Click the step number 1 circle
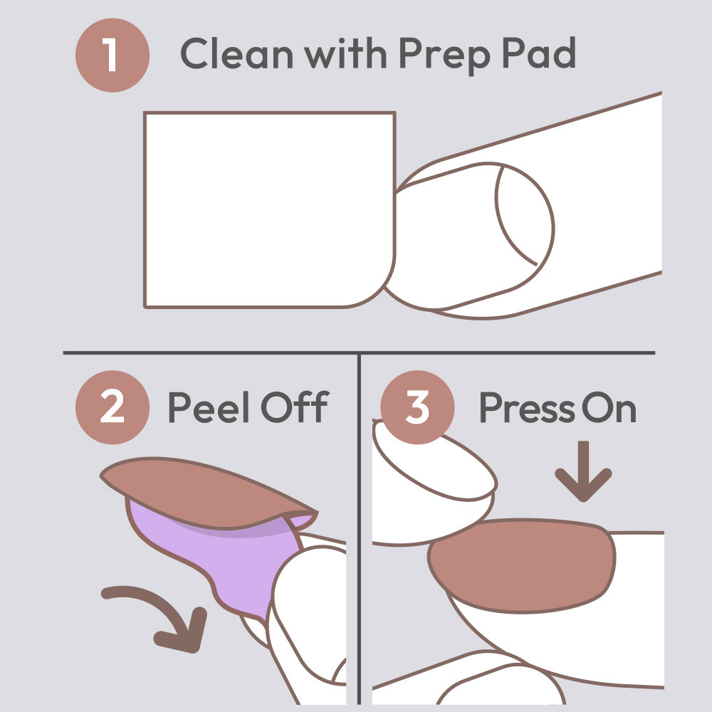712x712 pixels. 112,55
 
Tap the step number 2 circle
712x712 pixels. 112,407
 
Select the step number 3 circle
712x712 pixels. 417,407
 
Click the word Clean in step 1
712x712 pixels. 236,53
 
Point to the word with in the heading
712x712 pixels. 345,53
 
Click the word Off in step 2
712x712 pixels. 295,407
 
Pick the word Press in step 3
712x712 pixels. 527,408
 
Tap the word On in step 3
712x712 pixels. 609,408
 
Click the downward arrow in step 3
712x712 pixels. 584,471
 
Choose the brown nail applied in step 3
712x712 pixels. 522,566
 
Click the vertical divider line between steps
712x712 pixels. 359,530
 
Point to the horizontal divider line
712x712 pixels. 359,353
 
